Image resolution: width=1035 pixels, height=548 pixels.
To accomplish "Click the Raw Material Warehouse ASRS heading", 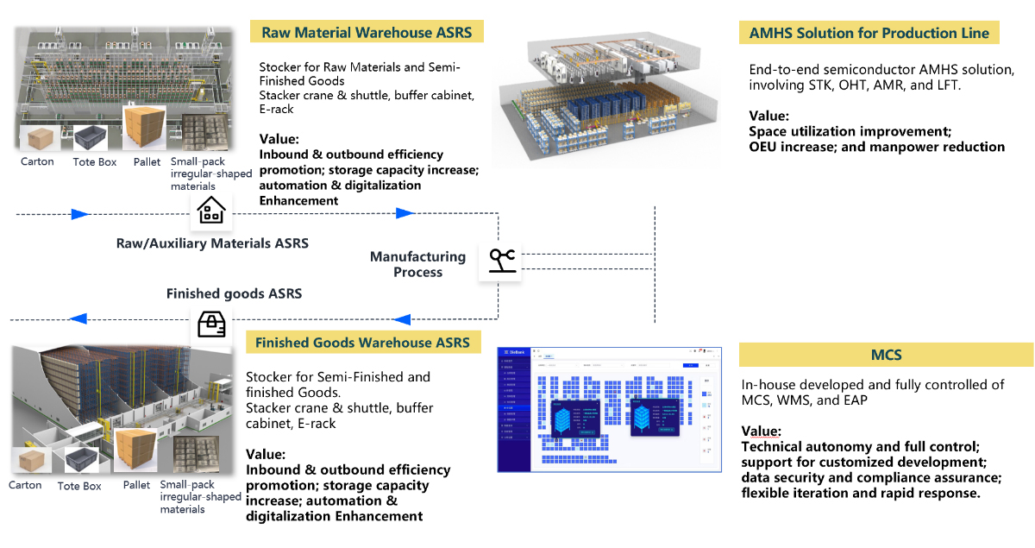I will tap(367, 33).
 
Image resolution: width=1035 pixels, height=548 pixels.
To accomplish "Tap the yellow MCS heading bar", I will tap(886, 355).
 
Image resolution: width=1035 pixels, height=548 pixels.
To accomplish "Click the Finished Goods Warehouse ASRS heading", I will tap(362, 343).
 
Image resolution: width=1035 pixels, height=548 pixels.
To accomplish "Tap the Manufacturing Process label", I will tap(417, 264).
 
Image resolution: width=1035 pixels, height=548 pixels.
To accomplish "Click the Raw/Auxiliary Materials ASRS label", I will tap(212, 243).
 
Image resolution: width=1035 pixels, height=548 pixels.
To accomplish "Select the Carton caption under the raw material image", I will tap(37, 161).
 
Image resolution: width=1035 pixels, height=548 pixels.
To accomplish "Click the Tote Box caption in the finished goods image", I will tap(79, 486).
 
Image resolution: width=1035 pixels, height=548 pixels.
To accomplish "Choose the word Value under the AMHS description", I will tap(768, 116).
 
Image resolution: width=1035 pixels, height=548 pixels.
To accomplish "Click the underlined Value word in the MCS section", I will tap(762, 431).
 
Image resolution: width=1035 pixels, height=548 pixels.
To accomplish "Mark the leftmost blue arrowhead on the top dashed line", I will tap(80, 213).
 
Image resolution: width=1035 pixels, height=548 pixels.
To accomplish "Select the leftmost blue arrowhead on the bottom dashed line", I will tap(78, 318).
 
